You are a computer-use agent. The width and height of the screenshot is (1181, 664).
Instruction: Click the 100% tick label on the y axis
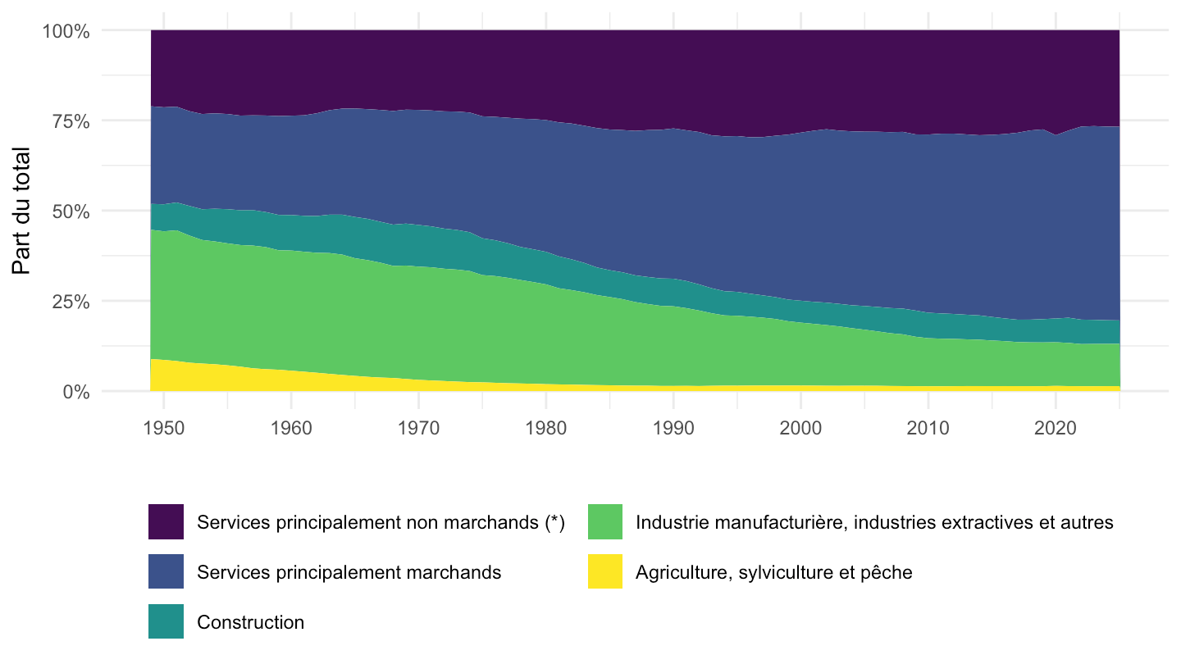tap(66, 31)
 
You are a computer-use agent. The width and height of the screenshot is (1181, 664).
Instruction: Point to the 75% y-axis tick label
tap(71, 121)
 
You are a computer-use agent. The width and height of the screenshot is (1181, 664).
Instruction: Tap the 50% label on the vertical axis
tap(71, 211)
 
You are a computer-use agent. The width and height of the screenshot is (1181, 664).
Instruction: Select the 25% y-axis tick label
tap(71, 302)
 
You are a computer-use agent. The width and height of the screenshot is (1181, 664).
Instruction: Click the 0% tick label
tap(76, 392)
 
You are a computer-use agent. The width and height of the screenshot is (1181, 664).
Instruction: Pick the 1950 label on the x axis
tap(164, 428)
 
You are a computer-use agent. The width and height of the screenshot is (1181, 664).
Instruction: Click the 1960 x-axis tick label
tap(291, 428)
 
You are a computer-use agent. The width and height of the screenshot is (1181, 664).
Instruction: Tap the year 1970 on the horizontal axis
tap(418, 428)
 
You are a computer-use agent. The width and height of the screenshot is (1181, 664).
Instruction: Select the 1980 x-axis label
tap(545, 428)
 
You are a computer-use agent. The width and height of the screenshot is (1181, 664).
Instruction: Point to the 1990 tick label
tap(673, 428)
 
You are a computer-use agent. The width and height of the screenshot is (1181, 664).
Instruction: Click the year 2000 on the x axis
tap(800, 428)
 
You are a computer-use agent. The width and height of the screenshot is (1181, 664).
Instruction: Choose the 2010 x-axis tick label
tap(928, 428)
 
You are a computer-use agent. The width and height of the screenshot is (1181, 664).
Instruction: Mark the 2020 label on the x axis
tap(1055, 428)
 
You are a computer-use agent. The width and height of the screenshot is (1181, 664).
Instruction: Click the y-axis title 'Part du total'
tap(21, 211)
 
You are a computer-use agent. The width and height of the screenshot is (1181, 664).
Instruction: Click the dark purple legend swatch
tap(166, 521)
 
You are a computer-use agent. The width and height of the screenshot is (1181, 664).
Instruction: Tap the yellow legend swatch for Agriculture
tap(605, 571)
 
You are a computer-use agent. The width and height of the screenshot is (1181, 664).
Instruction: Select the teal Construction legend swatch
tap(166, 621)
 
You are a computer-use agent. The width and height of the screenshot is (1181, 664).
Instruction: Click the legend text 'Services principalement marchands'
tap(349, 572)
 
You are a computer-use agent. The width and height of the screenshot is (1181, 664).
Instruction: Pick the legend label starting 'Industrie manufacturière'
tap(874, 522)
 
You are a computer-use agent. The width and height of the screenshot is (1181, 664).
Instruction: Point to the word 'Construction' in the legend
tap(250, 622)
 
